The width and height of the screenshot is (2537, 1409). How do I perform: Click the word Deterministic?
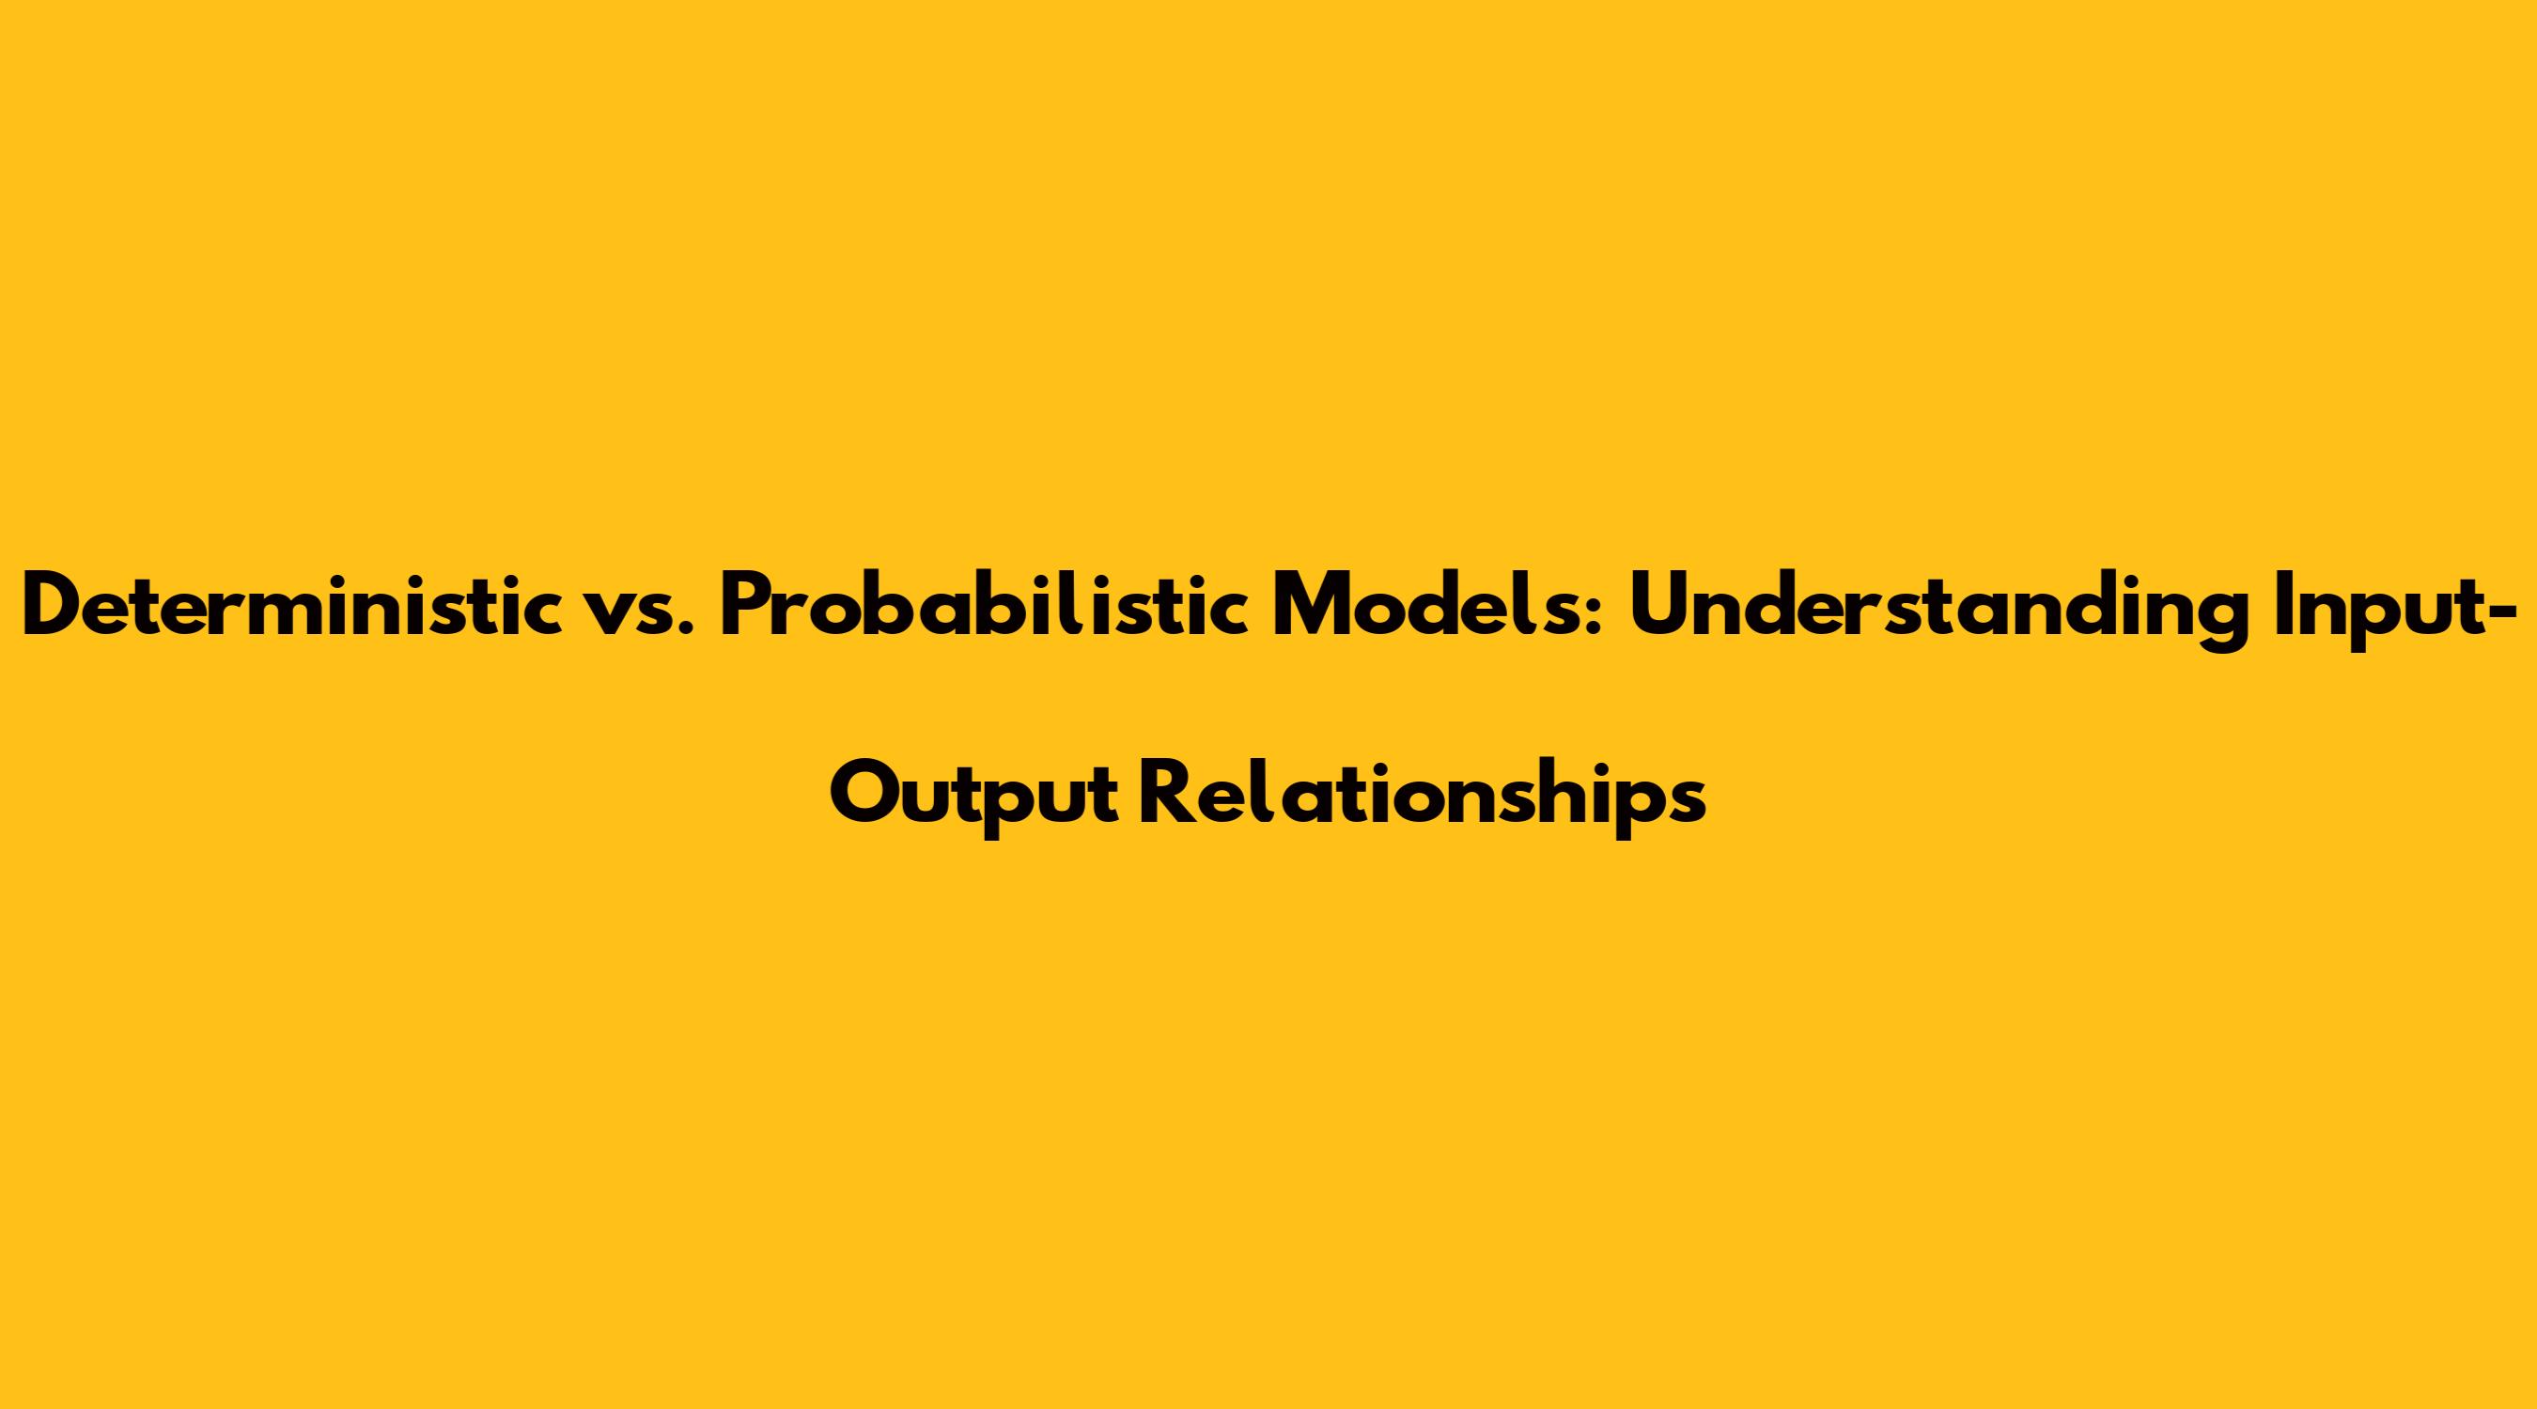286,607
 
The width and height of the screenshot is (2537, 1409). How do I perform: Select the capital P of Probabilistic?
751,607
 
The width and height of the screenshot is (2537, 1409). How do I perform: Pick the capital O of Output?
867,797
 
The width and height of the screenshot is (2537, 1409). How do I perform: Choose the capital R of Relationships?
1168,797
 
